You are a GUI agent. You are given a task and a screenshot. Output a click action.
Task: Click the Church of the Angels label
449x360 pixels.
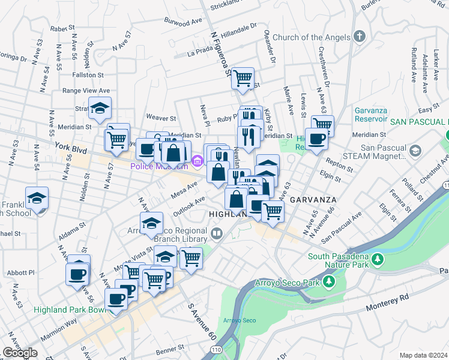point(311,37)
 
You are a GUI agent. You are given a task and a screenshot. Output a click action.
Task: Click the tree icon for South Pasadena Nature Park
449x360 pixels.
point(378,259)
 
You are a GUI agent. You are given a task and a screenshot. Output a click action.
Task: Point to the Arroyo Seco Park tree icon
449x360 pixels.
point(328,281)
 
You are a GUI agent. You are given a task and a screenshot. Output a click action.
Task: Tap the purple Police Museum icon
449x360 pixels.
point(198,160)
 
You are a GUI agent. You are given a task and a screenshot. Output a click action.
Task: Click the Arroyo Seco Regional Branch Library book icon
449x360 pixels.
point(217,232)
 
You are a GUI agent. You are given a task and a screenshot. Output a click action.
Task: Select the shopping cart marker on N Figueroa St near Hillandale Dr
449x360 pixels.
point(243,78)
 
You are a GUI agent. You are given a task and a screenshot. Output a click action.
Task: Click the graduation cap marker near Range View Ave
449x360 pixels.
point(100,109)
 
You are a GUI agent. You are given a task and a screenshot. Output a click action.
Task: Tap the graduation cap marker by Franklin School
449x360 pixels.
point(37,199)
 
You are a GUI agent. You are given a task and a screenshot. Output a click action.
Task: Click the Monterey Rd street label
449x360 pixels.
point(388,297)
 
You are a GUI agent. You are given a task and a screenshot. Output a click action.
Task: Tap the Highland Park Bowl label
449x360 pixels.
point(70,309)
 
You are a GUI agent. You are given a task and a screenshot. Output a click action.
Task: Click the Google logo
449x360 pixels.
point(20,353)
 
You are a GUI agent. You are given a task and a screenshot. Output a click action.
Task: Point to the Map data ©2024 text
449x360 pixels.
point(423,355)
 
